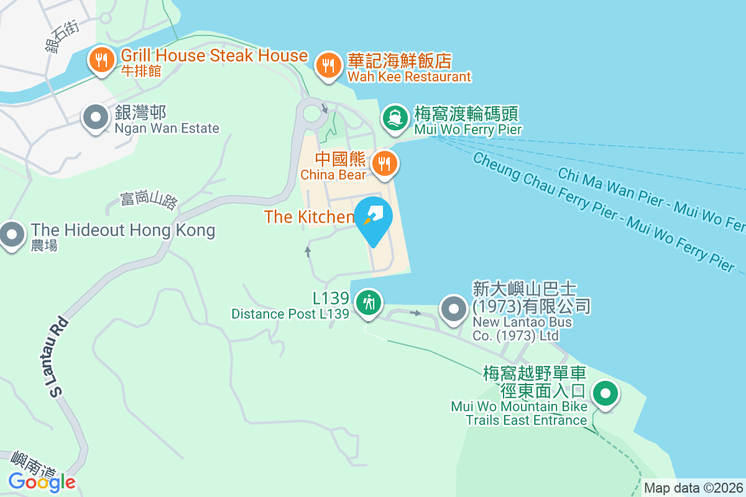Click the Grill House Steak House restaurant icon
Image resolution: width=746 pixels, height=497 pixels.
pos(100,60)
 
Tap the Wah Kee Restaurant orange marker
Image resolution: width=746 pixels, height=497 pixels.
pos(327,65)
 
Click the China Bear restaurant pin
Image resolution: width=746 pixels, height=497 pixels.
pos(385,163)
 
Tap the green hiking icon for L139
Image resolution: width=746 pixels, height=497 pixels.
pos(369,303)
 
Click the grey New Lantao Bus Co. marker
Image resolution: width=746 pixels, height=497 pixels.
pos(454,308)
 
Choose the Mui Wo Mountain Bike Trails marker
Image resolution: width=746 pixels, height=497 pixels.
pos(604,393)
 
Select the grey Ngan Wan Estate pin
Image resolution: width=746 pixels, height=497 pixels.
pos(96,116)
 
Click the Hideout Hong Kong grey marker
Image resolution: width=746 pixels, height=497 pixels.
pos(11,234)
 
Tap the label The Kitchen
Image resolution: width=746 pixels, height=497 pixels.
pos(309,217)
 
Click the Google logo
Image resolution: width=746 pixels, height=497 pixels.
pos(42,481)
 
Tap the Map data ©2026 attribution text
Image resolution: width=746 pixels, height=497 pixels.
pos(693,488)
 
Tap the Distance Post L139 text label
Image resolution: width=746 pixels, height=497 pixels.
pos(290,314)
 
